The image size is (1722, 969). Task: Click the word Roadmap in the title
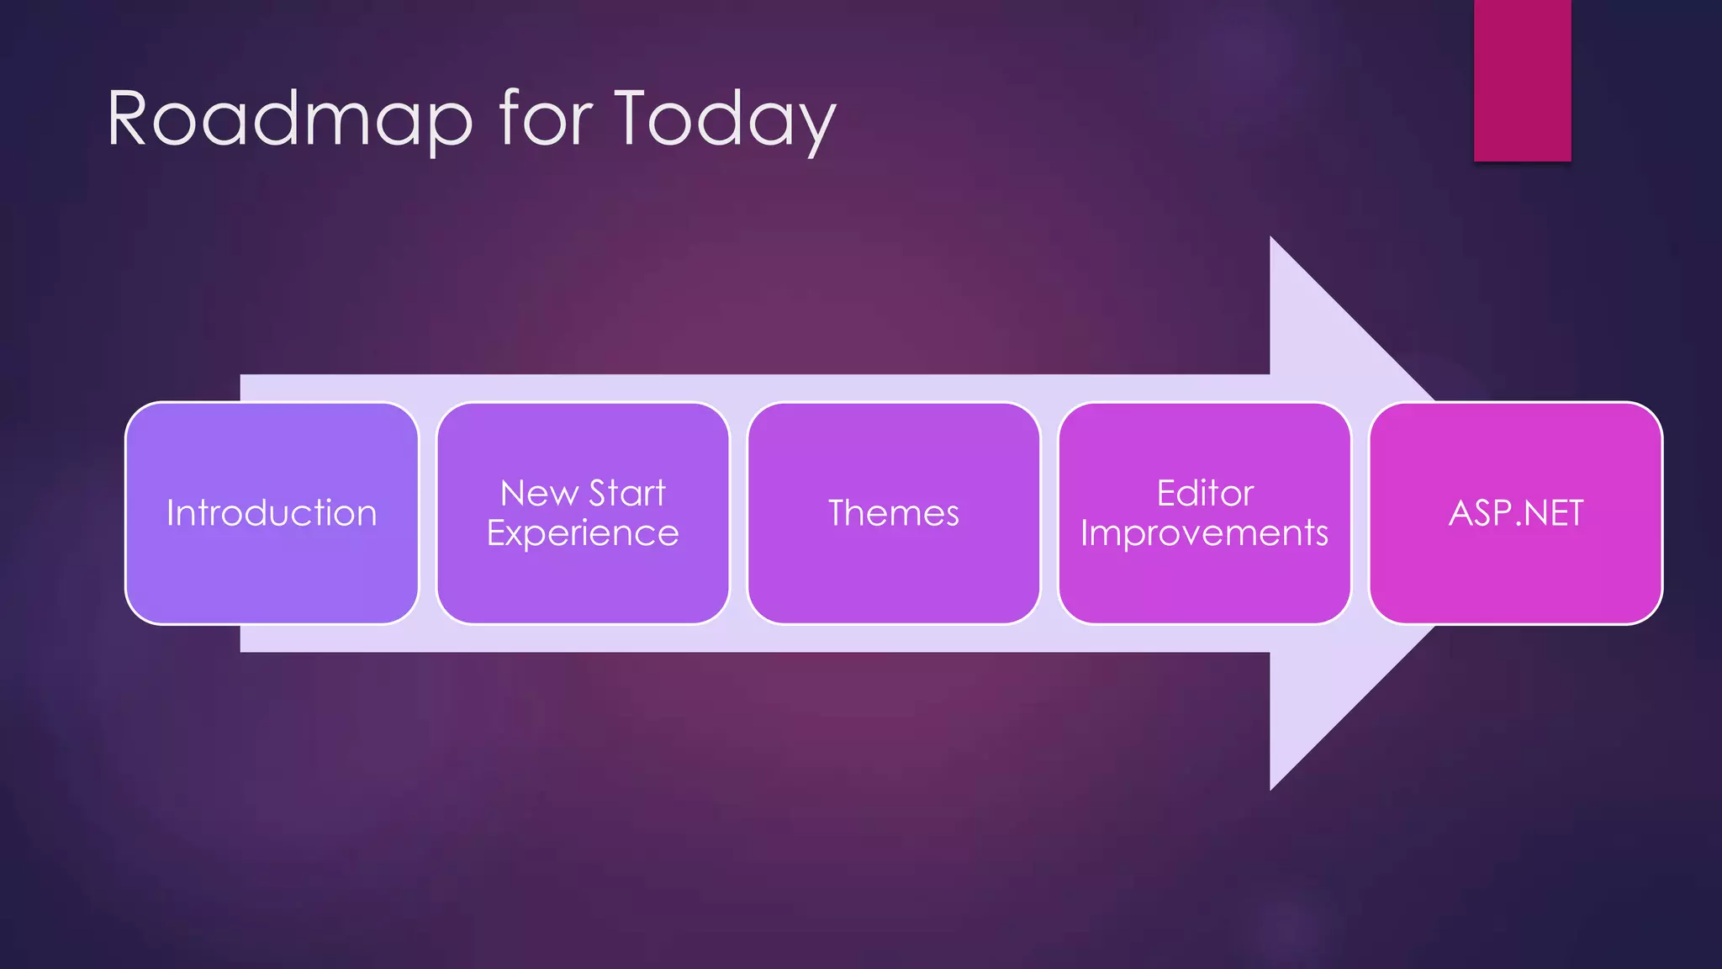289,119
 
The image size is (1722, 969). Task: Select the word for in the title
546,119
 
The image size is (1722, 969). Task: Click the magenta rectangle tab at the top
1522,80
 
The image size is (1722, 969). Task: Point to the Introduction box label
272,513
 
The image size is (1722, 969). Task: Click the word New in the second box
539,494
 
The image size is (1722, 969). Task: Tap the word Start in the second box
627,494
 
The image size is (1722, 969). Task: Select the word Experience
583,533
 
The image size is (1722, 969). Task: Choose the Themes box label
894,513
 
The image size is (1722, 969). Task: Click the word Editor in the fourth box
1205,494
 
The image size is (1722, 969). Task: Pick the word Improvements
1204,533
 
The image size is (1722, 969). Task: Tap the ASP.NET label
1516,513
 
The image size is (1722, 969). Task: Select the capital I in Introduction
171,512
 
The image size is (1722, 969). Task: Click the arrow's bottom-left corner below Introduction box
242,649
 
